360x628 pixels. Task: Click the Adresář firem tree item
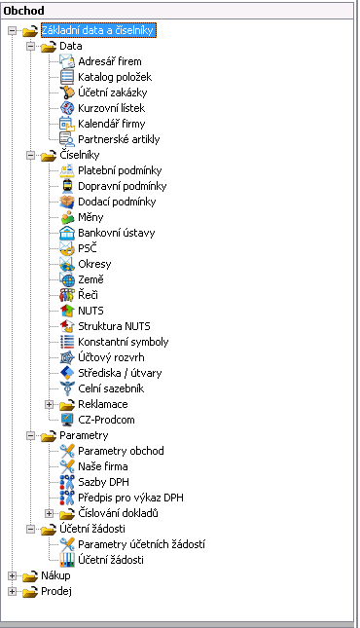(x=109, y=61)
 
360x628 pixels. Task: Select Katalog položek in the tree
(x=115, y=77)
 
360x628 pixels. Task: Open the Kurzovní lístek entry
(x=111, y=108)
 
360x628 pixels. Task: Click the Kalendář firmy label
(x=111, y=124)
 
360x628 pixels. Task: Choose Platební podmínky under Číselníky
(x=120, y=170)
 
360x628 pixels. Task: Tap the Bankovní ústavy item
(x=116, y=233)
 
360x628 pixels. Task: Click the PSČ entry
(x=88, y=248)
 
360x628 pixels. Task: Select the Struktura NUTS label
(x=114, y=326)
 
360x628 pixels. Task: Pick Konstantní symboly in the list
(x=124, y=342)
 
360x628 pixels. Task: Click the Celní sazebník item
(x=111, y=388)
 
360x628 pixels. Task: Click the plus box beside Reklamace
(x=49, y=404)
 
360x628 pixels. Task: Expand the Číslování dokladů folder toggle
(x=49, y=513)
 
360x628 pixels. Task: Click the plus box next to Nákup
(x=12, y=576)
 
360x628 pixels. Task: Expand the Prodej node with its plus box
(x=12, y=592)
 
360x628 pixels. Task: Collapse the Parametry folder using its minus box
(x=30, y=436)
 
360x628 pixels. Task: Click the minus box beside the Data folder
(x=30, y=47)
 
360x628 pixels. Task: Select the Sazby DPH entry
(x=103, y=482)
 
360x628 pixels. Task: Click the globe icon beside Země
(x=67, y=279)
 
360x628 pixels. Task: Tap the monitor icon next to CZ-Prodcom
(x=67, y=420)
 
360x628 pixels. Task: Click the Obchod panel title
(x=23, y=11)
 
